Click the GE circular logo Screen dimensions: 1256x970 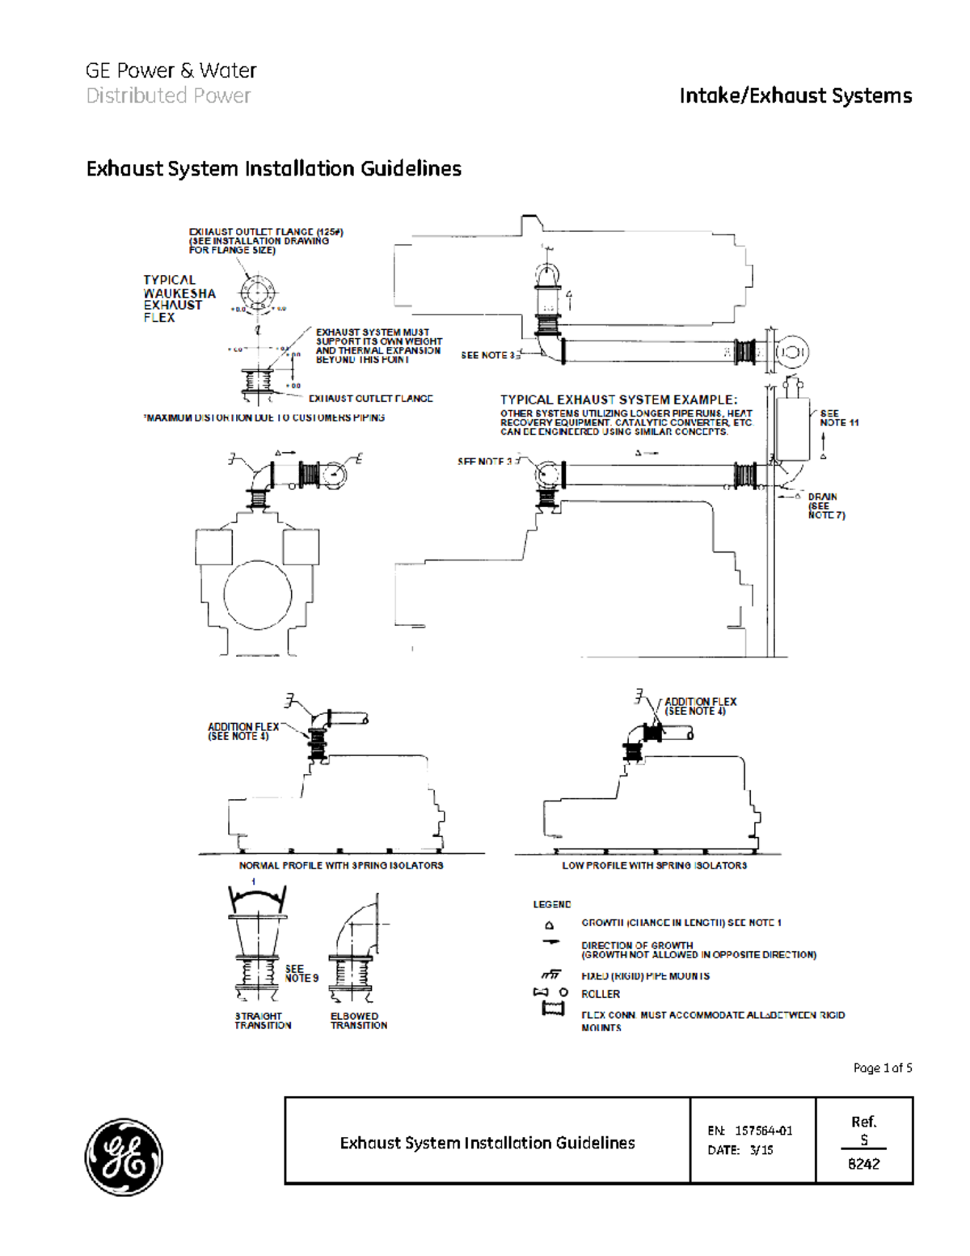[124, 1157]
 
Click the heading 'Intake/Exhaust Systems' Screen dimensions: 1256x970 [795, 95]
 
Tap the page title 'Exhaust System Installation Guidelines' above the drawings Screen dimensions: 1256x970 [273, 168]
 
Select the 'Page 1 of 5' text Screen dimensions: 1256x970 [882, 1068]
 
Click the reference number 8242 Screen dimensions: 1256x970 [863, 1164]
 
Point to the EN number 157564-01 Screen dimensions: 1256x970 [763, 1131]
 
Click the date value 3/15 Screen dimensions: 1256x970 [761, 1150]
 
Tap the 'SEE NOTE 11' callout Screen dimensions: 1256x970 [838, 418]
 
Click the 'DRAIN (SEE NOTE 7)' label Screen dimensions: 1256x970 [825, 505]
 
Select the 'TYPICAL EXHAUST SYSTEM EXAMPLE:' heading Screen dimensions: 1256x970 [618, 400]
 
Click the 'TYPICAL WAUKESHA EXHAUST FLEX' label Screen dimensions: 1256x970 [179, 298]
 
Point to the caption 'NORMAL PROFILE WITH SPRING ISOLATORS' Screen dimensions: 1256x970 [340, 865]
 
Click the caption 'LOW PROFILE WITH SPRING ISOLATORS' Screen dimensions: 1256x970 [654, 865]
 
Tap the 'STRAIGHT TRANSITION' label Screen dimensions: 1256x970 [263, 1021]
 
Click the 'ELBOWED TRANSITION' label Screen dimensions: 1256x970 [358, 1021]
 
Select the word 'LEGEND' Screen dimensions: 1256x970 [551, 904]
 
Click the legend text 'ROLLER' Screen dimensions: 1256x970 [601, 994]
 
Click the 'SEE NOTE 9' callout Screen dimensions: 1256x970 [301, 973]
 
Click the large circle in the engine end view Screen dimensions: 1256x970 [257, 595]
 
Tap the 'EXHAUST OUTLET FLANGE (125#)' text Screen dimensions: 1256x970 [266, 232]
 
